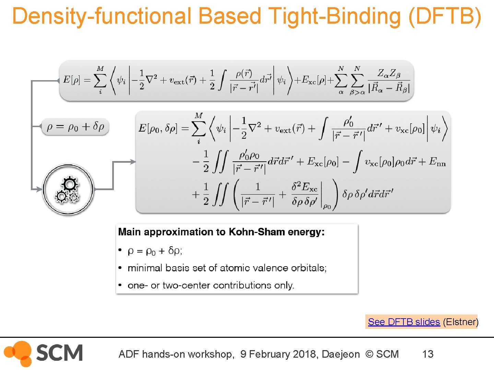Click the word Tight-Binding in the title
[x=334, y=16]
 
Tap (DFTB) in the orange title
[x=445, y=16]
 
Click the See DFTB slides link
[x=404, y=322]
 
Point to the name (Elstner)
[x=460, y=322]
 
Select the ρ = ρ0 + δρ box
[x=75, y=127]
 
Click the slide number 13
[x=428, y=354]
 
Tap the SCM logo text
[x=59, y=353]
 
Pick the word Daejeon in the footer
[x=341, y=354]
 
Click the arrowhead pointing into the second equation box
[x=133, y=162]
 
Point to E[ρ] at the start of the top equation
[x=72, y=80]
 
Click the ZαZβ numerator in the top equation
[x=389, y=73]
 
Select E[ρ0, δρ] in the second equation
[x=158, y=128]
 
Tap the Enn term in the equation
[x=437, y=161]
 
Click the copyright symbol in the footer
[x=369, y=354]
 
